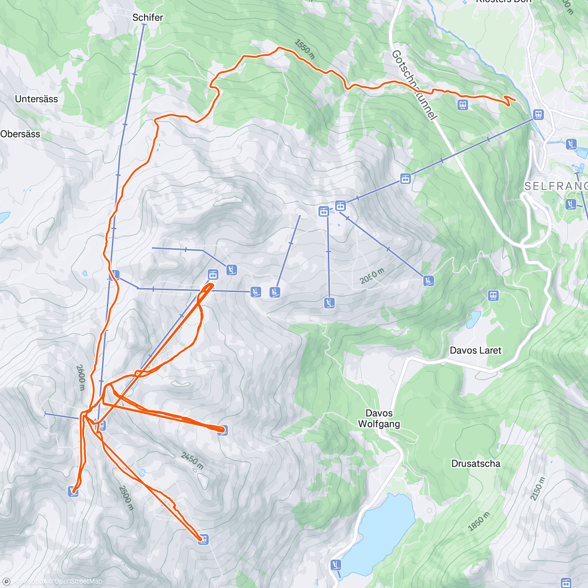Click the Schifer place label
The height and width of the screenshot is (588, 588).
147,17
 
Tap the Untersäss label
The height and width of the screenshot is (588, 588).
36,99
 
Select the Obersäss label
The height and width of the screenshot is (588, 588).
20,134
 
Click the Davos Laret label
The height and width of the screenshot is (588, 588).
475,350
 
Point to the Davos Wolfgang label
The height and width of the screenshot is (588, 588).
379,418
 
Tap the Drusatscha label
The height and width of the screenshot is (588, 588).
475,463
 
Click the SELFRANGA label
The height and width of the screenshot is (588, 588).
556,186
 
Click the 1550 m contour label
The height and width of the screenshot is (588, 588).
304,49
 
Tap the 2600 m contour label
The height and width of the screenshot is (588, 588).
81,377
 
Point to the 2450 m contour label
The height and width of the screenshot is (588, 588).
192,461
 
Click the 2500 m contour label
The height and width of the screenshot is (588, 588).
126,497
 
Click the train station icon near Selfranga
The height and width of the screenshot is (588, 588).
538,115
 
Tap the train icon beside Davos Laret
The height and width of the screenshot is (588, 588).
493,295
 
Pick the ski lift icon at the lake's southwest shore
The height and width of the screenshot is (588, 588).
335,564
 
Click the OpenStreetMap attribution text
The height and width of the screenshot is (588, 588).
78,581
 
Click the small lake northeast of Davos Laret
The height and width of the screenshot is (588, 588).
473,319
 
